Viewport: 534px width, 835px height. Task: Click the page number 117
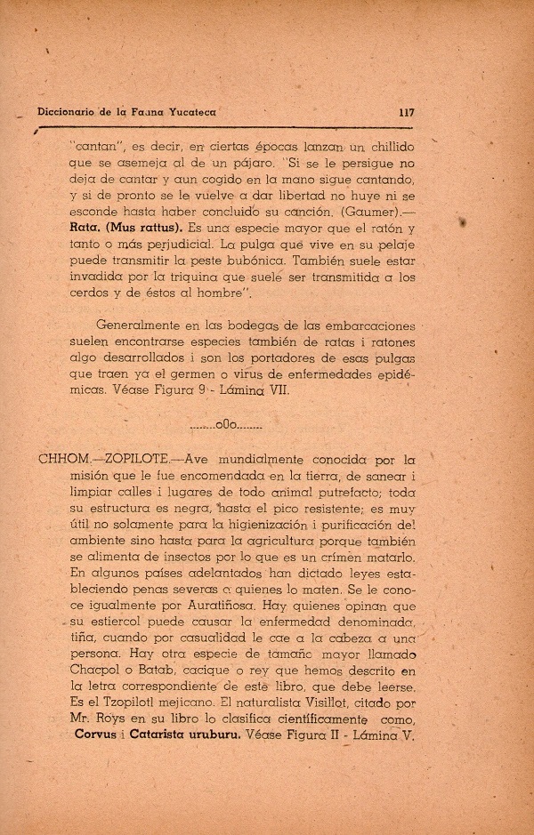[x=408, y=113]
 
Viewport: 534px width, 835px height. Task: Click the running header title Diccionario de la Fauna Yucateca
[x=127, y=113]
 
